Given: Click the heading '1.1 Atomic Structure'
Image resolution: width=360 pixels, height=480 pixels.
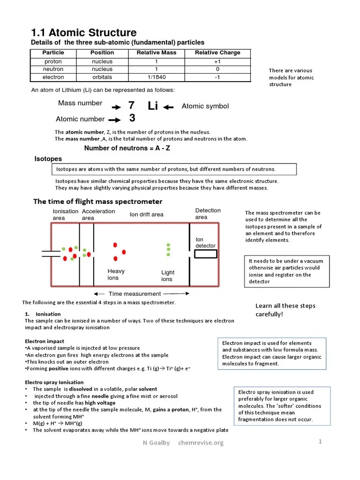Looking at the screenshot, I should [84, 32].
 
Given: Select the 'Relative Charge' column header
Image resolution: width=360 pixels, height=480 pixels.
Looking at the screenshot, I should [217, 52].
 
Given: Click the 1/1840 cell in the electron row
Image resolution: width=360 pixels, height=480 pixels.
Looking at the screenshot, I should [156, 77].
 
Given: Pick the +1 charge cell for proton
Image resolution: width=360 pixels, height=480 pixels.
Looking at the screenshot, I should [217, 61].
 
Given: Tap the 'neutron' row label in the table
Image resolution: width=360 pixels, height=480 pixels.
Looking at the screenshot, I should [53, 69].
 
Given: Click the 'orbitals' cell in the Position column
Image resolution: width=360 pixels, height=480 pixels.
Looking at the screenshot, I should [102, 77].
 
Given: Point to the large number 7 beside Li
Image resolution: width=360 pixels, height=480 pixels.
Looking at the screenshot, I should [131, 106].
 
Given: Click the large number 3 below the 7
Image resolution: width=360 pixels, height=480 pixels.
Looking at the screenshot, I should [132, 119].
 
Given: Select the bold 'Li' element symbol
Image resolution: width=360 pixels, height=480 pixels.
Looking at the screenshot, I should [153, 106].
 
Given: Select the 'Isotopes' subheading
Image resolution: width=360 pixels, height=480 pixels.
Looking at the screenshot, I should [48, 159].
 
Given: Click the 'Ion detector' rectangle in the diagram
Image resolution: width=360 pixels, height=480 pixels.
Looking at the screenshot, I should [206, 254].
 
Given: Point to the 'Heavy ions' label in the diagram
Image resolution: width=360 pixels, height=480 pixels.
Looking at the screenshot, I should [115, 275].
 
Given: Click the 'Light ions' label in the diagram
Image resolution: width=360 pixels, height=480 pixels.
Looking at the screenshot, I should [167, 276].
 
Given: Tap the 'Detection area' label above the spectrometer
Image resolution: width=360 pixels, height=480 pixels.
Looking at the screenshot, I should [208, 214].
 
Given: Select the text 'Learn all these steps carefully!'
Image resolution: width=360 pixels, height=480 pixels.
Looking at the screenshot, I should [285, 310].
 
